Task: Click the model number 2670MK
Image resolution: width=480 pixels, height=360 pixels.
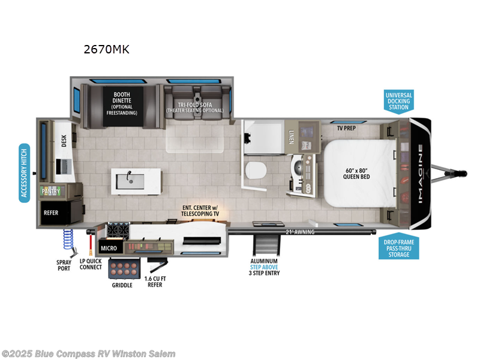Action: (106, 49)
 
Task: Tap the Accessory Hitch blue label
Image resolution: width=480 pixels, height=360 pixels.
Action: (25, 173)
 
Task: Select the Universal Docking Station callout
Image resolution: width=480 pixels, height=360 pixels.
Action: (398, 102)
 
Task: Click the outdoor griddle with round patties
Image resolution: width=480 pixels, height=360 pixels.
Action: (125, 269)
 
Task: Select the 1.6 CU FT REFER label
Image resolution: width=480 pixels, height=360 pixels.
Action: (154, 281)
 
